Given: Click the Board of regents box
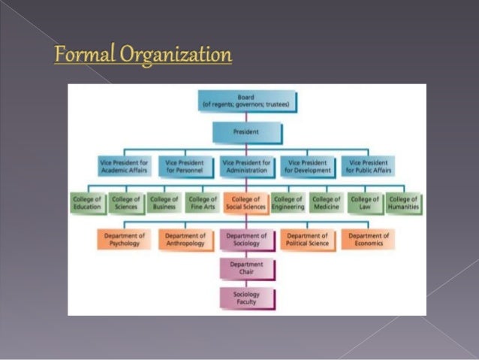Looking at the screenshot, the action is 246,101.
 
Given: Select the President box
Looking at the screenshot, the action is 246,132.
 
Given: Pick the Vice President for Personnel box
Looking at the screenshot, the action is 185,166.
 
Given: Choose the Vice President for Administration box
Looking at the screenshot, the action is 246,166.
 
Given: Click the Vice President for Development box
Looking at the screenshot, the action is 308,166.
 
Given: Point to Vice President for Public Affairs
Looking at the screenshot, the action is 367,166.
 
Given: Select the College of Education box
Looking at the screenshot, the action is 86,203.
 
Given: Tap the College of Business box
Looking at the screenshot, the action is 164,203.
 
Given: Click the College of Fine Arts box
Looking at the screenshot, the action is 203,203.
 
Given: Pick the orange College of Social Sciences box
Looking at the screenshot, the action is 246,203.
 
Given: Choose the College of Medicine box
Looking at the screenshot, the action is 327,203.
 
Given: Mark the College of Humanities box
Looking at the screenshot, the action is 404,203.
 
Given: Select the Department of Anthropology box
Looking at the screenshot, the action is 185,239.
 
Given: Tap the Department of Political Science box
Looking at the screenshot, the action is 307,239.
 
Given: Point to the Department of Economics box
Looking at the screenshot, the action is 369,239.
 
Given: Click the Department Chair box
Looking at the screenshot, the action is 246,268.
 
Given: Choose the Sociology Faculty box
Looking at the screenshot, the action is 246,298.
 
